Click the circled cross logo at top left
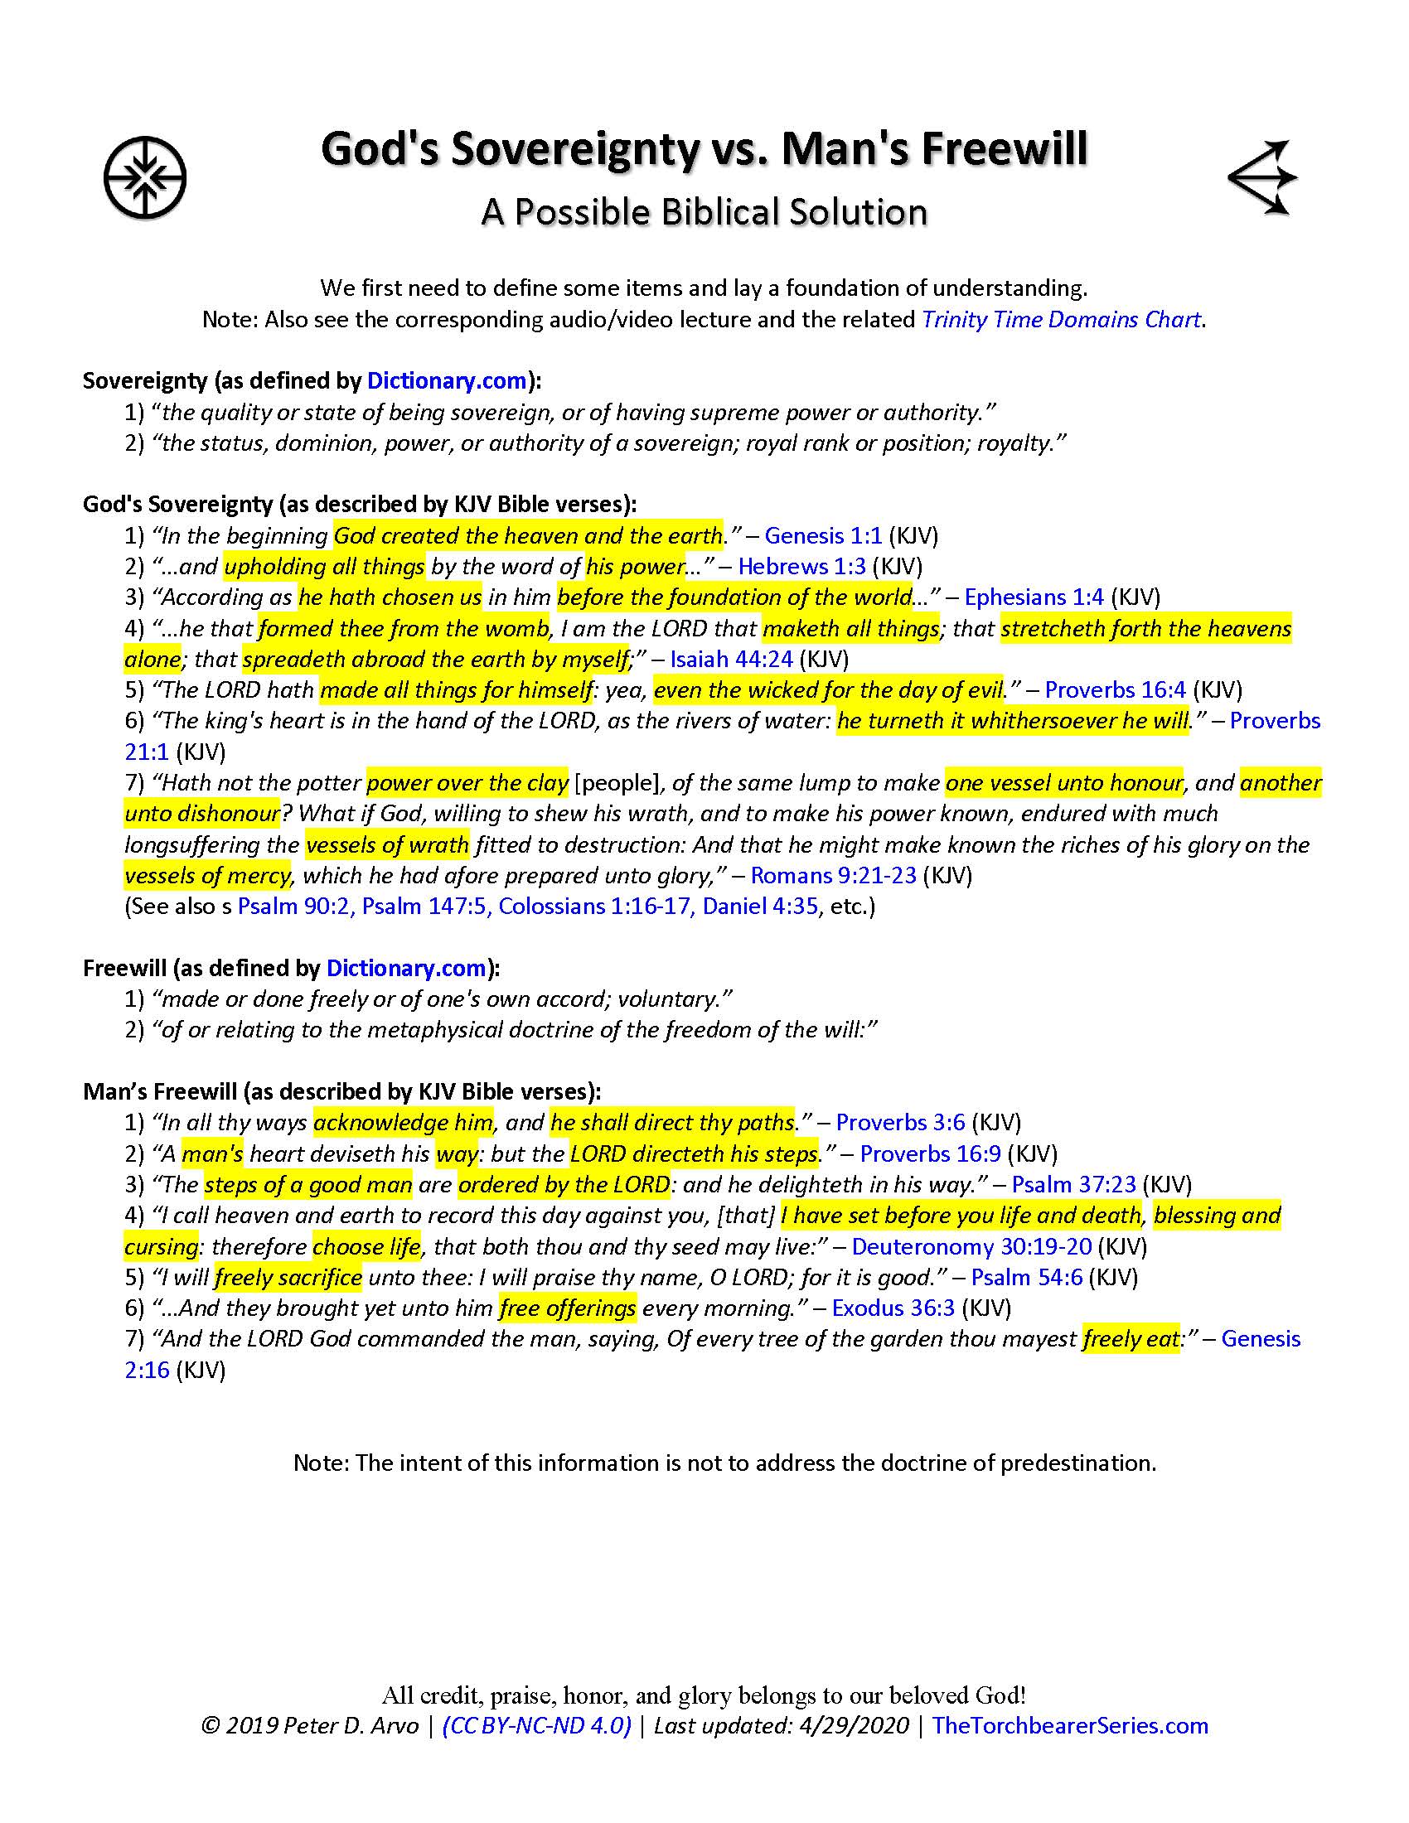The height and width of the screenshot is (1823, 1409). pos(144,178)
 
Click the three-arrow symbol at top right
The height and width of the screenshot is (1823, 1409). pos(1263,177)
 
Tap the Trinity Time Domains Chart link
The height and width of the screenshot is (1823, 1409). pos(1061,320)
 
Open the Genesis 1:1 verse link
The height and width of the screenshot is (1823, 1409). pos(823,535)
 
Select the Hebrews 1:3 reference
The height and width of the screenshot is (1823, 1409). pos(801,566)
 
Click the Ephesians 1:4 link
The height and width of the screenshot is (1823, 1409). pos(1034,597)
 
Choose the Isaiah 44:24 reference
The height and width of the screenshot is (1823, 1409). pos(731,660)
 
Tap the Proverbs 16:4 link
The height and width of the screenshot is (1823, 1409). pos(1114,690)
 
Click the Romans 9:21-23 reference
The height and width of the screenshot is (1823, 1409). pos(833,876)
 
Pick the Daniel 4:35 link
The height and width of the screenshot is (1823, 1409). pos(759,907)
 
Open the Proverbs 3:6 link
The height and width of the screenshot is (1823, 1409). pos(901,1123)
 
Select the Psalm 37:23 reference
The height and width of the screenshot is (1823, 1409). pos(1073,1184)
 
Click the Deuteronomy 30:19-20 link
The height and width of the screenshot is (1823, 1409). pos(971,1247)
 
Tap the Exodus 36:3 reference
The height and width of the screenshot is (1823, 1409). pos(893,1308)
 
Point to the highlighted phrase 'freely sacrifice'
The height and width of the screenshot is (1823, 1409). pos(288,1278)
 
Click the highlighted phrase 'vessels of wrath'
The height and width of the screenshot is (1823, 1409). pos(387,844)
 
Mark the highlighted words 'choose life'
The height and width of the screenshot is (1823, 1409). pos(366,1247)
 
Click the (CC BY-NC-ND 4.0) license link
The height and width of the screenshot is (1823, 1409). pos(537,1725)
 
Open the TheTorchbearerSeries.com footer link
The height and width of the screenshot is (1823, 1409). pos(1069,1725)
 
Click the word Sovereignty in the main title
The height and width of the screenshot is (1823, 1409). pos(575,148)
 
